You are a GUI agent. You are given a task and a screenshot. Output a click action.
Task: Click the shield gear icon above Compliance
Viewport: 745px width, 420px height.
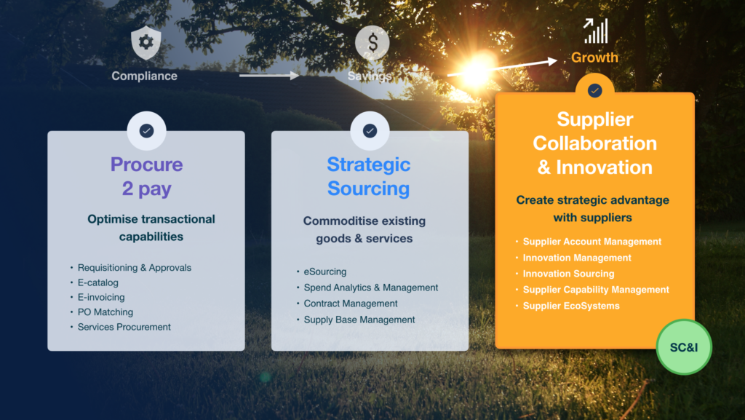[x=146, y=43]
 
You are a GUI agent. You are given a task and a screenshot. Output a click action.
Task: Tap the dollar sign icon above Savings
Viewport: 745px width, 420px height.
[x=372, y=43]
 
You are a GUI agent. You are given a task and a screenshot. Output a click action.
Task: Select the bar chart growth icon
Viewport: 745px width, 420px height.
[x=595, y=31]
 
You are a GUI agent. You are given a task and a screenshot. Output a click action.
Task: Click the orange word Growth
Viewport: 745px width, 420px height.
[x=594, y=58]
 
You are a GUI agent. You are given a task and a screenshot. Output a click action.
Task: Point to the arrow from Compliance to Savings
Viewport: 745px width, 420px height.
[x=269, y=75]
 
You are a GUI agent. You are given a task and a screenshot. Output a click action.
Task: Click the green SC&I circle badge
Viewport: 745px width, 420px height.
[x=684, y=347]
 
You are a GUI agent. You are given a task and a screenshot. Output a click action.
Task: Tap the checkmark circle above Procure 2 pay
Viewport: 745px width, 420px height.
[x=146, y=130]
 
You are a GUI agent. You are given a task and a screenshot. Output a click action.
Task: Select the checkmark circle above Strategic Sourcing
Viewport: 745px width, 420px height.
[x=370, y=130]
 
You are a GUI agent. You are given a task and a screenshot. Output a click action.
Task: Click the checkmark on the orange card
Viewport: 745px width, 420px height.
[x=594, y=90]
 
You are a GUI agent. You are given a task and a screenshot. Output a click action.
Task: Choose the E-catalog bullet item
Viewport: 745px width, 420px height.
[x=98, y=282]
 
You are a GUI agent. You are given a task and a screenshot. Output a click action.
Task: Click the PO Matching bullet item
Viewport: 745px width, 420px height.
[x=105, y=312]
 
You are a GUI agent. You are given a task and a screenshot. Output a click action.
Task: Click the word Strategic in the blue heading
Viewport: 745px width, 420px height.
[x=369, y=165]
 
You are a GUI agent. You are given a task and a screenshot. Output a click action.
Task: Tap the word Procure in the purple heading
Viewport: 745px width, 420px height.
[x=146, y=165]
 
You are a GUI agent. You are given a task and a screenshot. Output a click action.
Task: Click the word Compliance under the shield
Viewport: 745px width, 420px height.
[x=145, y=76]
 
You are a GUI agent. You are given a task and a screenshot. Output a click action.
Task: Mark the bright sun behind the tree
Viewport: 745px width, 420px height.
[x=476, y=71]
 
